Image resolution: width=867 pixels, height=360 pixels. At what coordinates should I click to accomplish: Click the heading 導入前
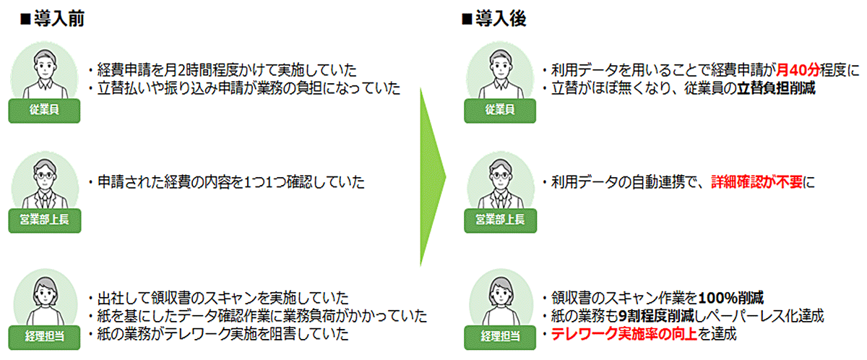[x=59, y=19]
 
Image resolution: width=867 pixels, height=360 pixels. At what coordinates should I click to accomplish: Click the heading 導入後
[x=501, y=19]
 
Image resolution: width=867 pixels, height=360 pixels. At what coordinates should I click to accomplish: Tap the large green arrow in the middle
[x=432, y=177]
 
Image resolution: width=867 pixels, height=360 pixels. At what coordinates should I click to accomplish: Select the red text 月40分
[x=798, y=70]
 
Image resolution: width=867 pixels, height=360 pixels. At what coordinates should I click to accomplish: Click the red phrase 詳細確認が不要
[x=756, y=182]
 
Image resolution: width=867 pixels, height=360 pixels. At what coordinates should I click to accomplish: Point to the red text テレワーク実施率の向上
[x=624, y=334]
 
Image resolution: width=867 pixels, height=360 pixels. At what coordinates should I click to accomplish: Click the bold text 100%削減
[x=730, y=298]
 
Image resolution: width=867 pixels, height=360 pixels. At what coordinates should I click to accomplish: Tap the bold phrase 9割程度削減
[x=657, y=316]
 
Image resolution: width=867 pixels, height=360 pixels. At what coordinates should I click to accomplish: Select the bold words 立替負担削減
[x=776, y=88]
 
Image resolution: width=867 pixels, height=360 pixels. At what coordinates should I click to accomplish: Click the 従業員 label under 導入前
[x=45, y=111]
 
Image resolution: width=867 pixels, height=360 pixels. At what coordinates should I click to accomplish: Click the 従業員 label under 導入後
[x=500, y=111]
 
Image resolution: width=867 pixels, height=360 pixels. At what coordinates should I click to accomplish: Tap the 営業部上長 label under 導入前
[x=45, y=220]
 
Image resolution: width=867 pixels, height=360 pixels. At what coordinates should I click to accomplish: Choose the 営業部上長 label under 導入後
[x=501, y=220]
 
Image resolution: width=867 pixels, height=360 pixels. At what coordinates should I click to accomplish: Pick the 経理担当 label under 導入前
[x=45, y=337]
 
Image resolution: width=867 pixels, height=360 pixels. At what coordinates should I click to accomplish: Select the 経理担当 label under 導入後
[x=500, y=337]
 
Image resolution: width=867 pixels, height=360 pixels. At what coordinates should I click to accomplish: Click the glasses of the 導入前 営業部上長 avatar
[x=45, y=176]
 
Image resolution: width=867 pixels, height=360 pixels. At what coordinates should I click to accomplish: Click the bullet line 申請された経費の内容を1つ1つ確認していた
[x=227, y=182]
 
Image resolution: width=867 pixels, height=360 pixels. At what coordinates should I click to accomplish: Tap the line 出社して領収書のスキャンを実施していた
[x=219, y=298]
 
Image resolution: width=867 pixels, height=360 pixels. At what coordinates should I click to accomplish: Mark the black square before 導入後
[x=467, y=20]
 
